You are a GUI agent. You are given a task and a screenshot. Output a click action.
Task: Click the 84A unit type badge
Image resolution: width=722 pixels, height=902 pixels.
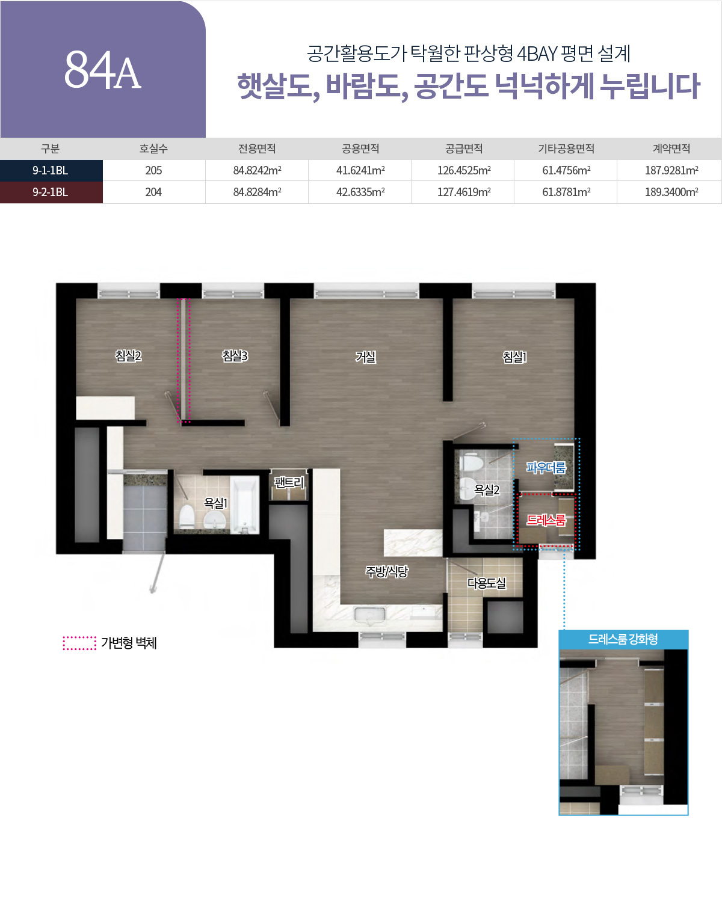click(102, 70)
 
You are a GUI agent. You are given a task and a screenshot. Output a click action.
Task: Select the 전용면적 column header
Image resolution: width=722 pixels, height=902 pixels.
click(257, 149)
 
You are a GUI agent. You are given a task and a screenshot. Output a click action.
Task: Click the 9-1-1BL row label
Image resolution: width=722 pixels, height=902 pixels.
click(51, 170)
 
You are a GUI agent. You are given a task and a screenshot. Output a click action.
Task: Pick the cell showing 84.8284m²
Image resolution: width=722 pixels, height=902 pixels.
click(257, 192)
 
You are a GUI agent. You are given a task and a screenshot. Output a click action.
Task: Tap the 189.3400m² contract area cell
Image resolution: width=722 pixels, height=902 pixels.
click(671, 192)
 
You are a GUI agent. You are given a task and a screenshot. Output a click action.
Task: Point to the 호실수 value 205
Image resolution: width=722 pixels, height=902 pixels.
click(153, 170)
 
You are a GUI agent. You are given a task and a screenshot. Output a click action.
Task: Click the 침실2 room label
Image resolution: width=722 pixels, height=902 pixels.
click(128, 356)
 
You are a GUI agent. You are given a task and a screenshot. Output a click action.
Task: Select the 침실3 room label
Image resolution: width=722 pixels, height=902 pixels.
click(235, 356)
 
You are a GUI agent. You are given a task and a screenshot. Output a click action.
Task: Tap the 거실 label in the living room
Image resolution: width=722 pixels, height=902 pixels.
click(365, 357)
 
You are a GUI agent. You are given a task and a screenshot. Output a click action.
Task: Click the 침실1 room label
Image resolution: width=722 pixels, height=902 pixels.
click(514, 357)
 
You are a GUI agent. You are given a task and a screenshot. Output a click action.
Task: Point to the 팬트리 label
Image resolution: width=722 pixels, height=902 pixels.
click(289, 482)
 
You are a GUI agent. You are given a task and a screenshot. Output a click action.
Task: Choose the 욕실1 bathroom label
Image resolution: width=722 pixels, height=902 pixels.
click(215, 503)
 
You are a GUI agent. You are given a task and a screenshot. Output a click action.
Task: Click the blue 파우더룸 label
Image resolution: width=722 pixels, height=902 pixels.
click(546, 467)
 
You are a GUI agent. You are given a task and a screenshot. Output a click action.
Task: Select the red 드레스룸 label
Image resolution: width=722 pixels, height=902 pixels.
click(546, 520)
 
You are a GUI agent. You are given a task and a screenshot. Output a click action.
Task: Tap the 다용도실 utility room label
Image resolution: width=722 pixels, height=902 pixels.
click(486, 583)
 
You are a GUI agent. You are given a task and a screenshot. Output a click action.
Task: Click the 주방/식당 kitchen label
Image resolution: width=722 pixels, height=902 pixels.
click(386, 571)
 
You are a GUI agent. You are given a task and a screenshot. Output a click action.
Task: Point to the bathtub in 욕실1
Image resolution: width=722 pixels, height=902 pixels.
click(244, 505)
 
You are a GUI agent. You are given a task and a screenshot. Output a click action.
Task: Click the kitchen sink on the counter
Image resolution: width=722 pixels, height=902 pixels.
click(369, 616)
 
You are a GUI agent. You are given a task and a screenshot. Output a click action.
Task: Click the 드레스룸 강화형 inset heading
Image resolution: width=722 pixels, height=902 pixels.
click(623, 639)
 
